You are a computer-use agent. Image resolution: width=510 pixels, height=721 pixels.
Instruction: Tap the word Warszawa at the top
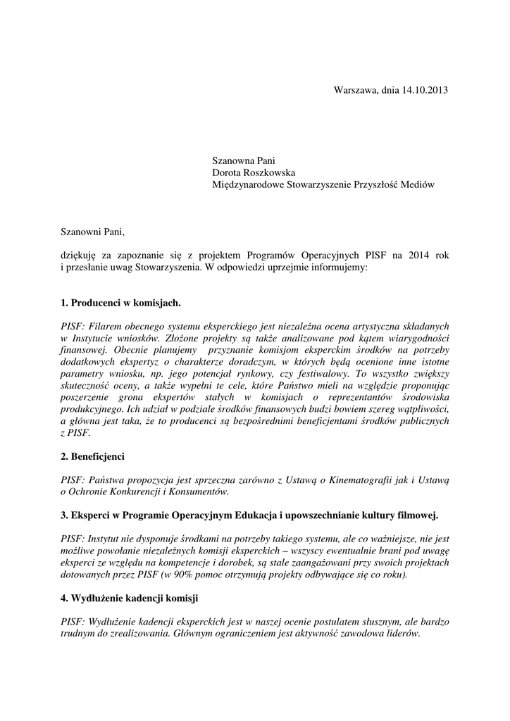click(356, 90)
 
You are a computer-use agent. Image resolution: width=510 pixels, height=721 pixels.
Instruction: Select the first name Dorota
click(228, 173)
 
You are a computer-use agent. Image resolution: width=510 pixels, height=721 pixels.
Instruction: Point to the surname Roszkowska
click(271, 173)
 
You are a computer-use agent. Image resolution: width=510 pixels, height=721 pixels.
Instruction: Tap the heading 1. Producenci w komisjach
click(120, 303)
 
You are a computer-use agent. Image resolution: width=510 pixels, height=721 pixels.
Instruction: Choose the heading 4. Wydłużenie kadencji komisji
click(130, 598)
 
